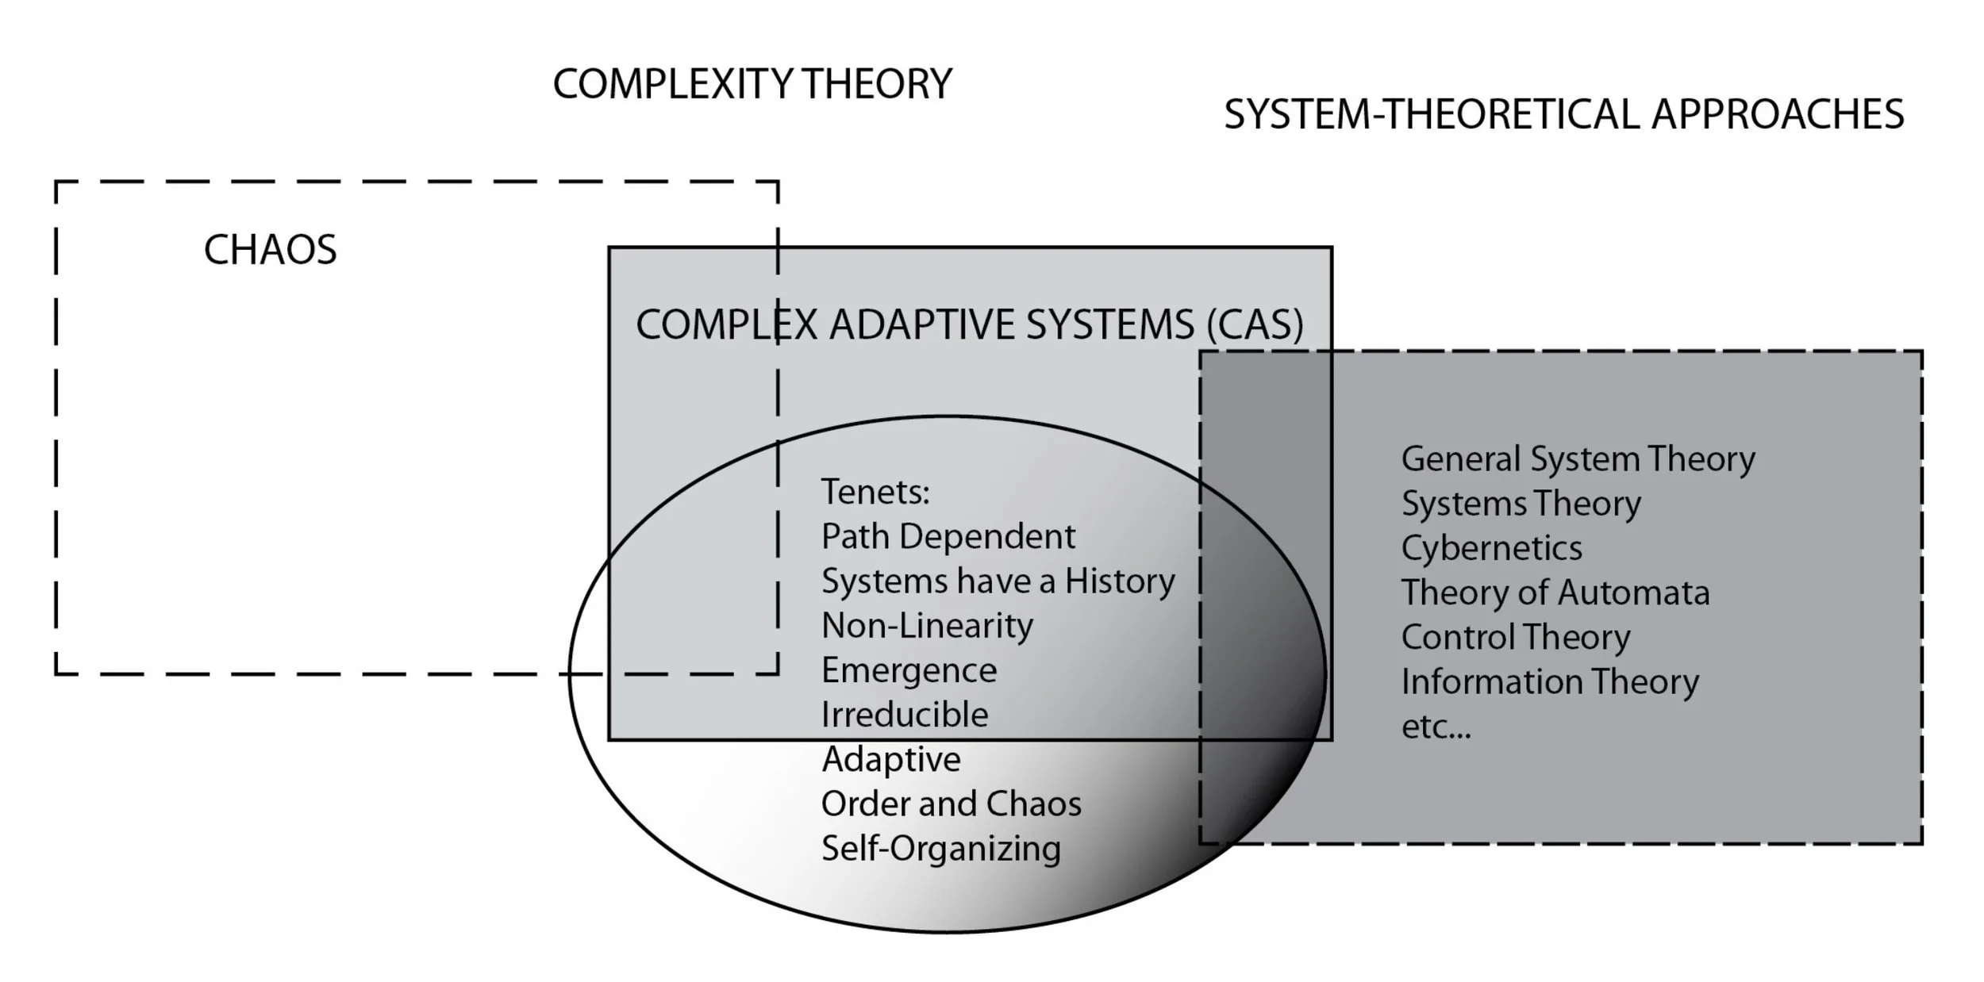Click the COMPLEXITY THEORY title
coord(752,84)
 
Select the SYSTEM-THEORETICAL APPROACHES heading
coord(1563,114)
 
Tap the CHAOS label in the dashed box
coord(270,250)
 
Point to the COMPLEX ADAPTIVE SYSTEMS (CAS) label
coord(969,324)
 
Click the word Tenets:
coord(875,492)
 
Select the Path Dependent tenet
coord(948,537)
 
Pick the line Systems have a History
coord(998,581)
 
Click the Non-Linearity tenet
coord(927,626)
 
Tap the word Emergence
coord(909,671)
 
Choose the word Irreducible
coord(905,715)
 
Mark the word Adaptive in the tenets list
coord(891,760)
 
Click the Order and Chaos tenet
coord(951,804)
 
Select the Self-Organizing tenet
coord(940,849)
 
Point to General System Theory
coord(1578,459)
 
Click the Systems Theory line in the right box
coord(1521,504)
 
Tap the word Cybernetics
coord(1491,548)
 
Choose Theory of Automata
coord(1555,593)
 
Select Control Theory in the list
coord(1515,638)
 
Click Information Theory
coord(1549,682)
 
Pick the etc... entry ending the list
coord(1436,727)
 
